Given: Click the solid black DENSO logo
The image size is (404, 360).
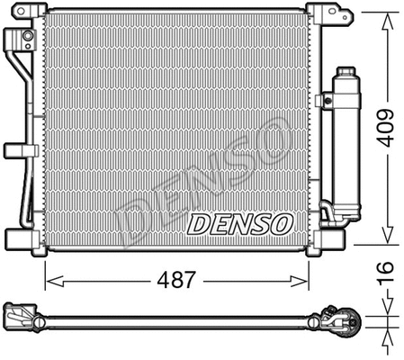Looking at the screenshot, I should point(239,222).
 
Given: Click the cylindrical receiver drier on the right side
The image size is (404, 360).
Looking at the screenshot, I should point(346,144).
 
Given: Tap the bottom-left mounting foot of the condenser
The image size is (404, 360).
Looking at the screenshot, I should point(22,239).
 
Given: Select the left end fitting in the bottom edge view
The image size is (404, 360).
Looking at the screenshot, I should point(19,318).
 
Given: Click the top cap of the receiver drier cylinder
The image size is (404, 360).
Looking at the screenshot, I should point(346,71).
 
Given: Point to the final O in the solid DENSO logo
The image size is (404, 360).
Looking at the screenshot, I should point(279,222).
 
